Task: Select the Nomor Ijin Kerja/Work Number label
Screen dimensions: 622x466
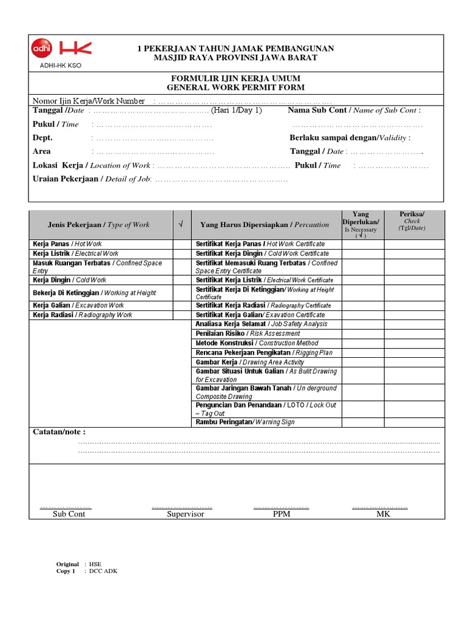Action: coord(89,101)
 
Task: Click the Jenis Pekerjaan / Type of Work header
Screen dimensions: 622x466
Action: coord(99,225)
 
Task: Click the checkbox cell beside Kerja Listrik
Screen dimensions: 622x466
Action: coord(181,253)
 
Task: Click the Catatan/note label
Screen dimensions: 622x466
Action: coord(59,432)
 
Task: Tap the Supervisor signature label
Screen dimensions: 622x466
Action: coord(186,514)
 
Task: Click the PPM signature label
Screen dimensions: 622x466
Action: coord(282,514)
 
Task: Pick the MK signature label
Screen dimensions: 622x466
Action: coord(383,514)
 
